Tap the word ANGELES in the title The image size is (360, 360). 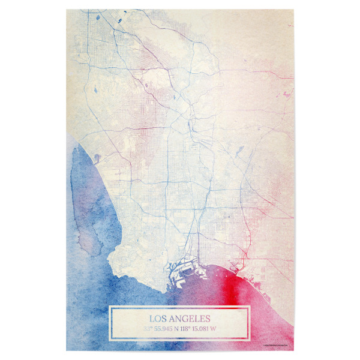point(190,319)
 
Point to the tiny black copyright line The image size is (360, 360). point(277,345)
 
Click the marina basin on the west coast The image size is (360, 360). point(97,157)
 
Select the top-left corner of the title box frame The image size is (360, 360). point(109,307)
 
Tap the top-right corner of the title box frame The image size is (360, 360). point(250,307)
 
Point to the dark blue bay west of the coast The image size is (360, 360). point(84,198)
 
